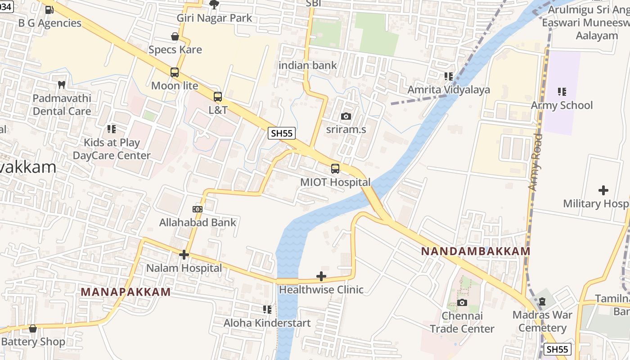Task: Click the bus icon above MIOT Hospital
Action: click(335, 169)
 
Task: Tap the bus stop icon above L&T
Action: click(218, 97)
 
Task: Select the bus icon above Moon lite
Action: click(175, 72)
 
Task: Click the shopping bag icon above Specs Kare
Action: click(175, 36)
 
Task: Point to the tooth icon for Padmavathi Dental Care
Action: click(62, 84)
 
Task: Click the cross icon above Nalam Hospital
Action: click(184, 255)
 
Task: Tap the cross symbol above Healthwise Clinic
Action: click(321, 276)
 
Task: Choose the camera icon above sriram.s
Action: click(346, 117)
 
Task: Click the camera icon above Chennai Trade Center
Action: click(462, 302)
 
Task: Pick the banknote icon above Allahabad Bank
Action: click(197, 209)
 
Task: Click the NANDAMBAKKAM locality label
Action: click(476, 251)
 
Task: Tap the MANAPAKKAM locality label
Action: click(126, 292)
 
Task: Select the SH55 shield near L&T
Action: click(282, 133)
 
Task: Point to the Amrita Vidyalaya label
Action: click(449, 90)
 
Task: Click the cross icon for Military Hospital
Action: click(603, 190)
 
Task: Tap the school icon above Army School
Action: click(562, 92)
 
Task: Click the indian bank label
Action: click(308, 65)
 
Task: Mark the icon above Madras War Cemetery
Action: click(542, 301)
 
